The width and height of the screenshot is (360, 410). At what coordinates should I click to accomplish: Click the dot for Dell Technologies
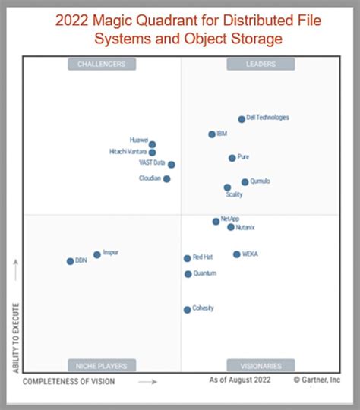(x=242, y=119)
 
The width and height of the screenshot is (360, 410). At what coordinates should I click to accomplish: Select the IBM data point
(x=212, y=134)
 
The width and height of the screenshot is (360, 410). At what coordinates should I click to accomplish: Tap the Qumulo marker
(x=245, y=182)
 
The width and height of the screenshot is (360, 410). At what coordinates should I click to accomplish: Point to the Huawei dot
(x=152, y=144)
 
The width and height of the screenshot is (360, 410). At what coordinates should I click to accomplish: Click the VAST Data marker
(x=171, y=164)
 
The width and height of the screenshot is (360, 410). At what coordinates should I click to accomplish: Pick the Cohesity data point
(x=187, y=309)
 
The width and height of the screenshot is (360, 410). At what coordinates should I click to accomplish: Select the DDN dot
(x=70, y=261)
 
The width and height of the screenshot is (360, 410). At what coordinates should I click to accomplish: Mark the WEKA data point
(x=237, y=254)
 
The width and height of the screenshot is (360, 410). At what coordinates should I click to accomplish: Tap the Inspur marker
(x=97, y=255)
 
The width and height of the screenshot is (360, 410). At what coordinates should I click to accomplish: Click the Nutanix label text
(x=245, y=227)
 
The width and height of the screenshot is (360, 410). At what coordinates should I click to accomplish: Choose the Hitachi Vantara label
(x=128, y=152)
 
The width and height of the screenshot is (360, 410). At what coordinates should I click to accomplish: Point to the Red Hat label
(x=203, y=257)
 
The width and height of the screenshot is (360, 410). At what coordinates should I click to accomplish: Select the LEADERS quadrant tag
(x=262, y=65)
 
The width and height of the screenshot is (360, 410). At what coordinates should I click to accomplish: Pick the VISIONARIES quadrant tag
(x=262, y=365)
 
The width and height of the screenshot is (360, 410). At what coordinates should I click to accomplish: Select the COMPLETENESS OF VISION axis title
(x=70, y=381)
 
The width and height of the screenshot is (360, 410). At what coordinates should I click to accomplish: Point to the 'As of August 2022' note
(x=240, y=379)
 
